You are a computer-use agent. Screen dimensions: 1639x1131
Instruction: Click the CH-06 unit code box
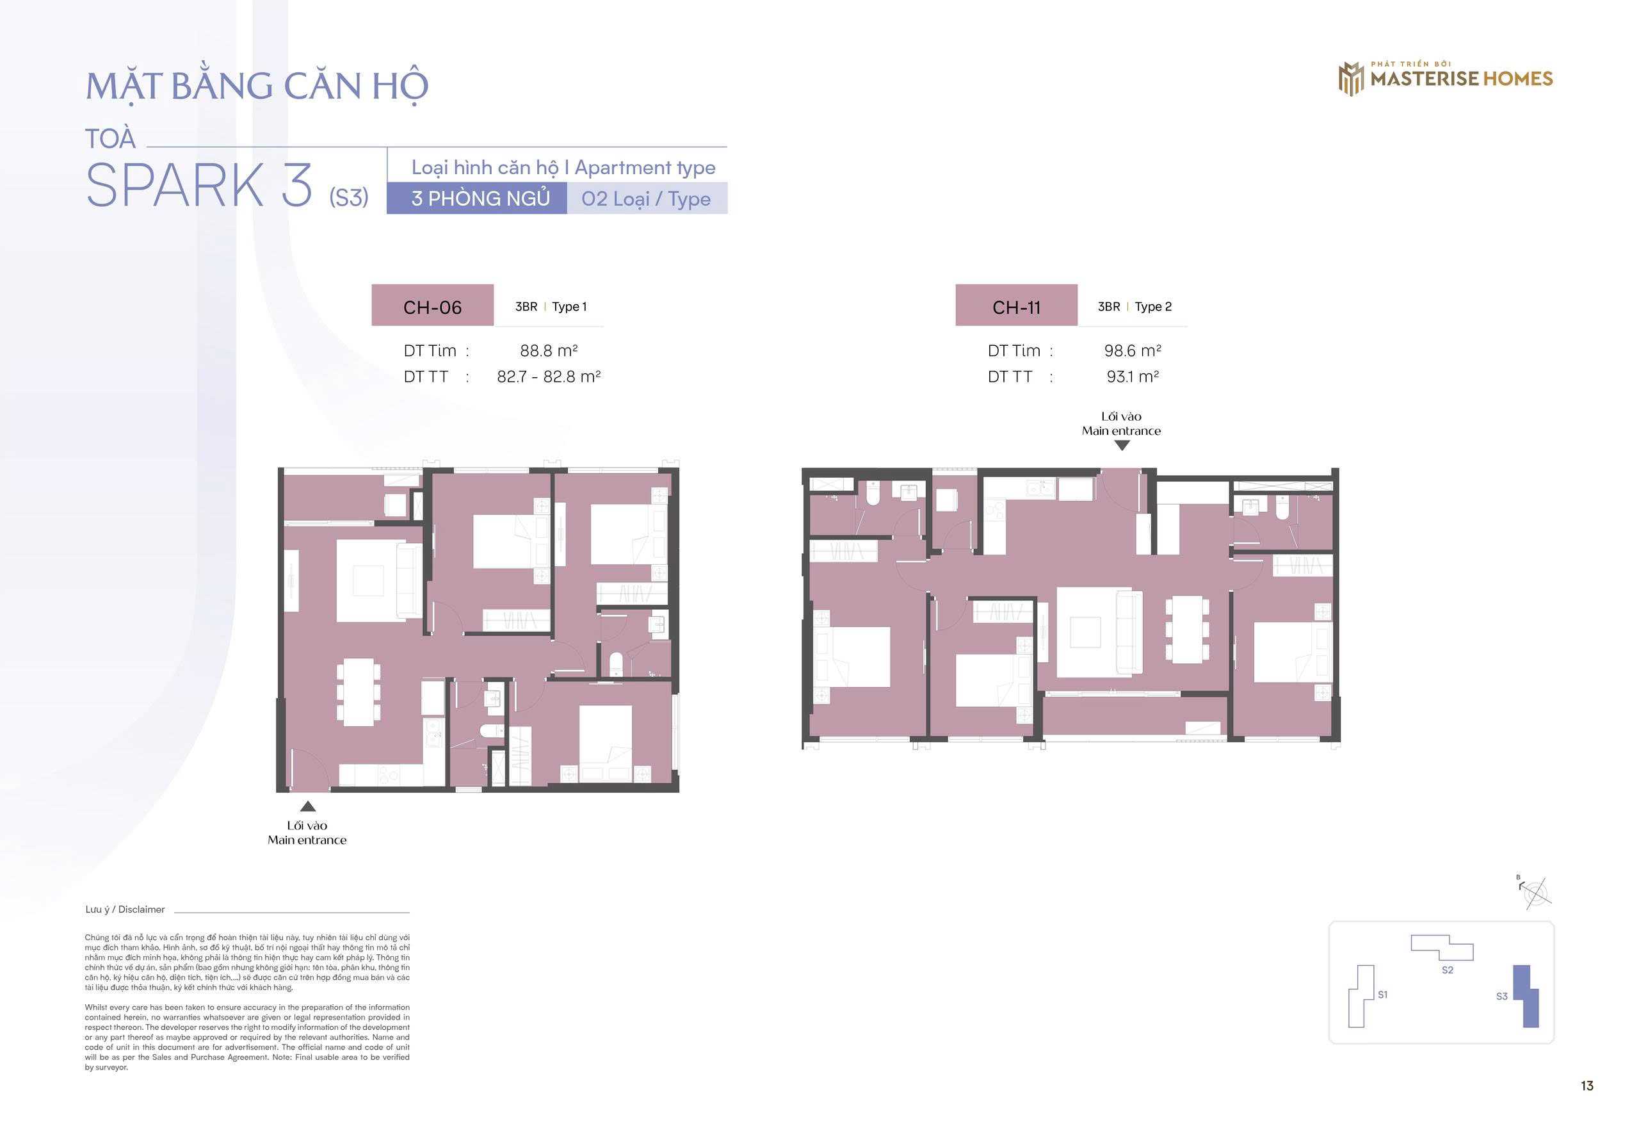coord(432,305)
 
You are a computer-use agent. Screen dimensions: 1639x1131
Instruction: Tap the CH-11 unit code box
coord(1017,305)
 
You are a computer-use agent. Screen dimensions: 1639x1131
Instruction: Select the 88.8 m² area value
coord(549,351)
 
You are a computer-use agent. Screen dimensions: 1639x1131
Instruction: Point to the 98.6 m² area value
coord(1133,351)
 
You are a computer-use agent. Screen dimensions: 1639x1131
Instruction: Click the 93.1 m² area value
coord(1133,377)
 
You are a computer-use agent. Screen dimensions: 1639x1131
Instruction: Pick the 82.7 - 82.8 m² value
coord(549,377)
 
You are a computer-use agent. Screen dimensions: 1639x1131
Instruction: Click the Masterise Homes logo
coord(1445,78)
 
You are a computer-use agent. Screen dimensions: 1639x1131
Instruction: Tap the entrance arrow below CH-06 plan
coord(307,806)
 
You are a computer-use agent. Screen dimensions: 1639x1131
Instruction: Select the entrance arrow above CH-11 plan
coord(1122,446)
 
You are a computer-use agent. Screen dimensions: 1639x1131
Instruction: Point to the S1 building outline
coord(1360,996)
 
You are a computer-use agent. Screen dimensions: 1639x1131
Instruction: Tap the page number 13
coord(1587,1086)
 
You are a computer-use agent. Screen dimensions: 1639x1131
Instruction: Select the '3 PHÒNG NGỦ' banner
coord(477,199)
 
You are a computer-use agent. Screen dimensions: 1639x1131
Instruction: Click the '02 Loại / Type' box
coord(647,199)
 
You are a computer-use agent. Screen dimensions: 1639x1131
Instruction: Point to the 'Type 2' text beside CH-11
coord(1153,307)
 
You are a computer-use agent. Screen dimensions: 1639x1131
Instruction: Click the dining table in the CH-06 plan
coord(359,692)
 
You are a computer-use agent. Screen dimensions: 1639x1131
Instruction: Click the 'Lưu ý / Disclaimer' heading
coord(125,909)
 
